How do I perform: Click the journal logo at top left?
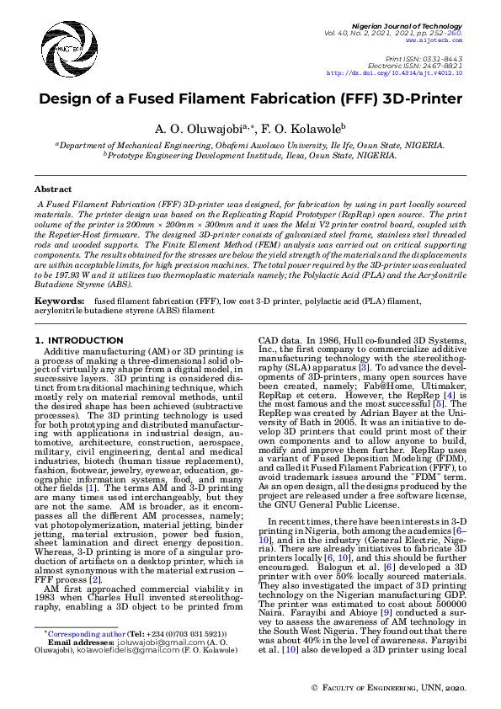51,40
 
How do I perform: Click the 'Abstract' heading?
53,189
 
